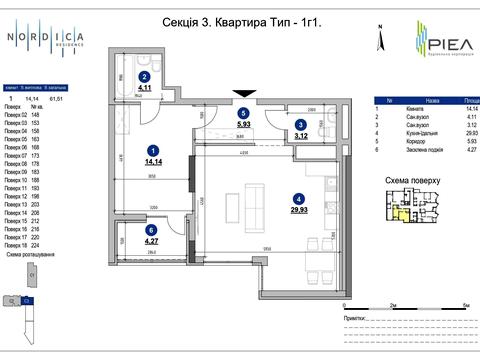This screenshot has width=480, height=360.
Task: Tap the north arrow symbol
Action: pyautogui.click(x=379, y=39)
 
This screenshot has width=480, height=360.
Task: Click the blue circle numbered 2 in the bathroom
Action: pyautogui.click(x=144, y=76)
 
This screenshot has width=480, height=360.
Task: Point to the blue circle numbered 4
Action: pyautogui.click(x=297, y=198)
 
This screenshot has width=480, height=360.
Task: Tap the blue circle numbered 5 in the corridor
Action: pyautogui.click(x=243, y=114)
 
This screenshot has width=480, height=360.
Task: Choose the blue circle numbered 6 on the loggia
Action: pyautogui.click(x=151, y=229)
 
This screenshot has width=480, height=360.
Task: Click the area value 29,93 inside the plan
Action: pyautogui.click(x=297, y=209)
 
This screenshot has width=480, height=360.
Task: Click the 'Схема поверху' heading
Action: pyautogui.click(x=410, y=181)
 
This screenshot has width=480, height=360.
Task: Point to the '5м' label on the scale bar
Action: pyautogui.click(x=466, y=303)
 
